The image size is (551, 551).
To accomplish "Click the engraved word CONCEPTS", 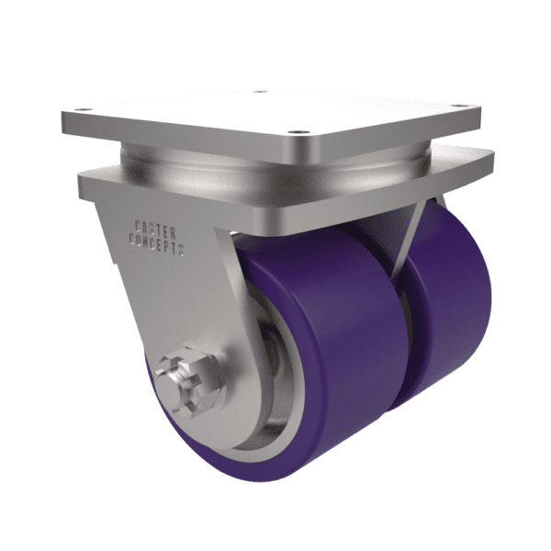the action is coord(157,243).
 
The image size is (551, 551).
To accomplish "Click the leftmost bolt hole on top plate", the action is coord(80,109).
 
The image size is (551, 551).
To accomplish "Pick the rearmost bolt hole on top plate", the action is coord(259,92).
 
